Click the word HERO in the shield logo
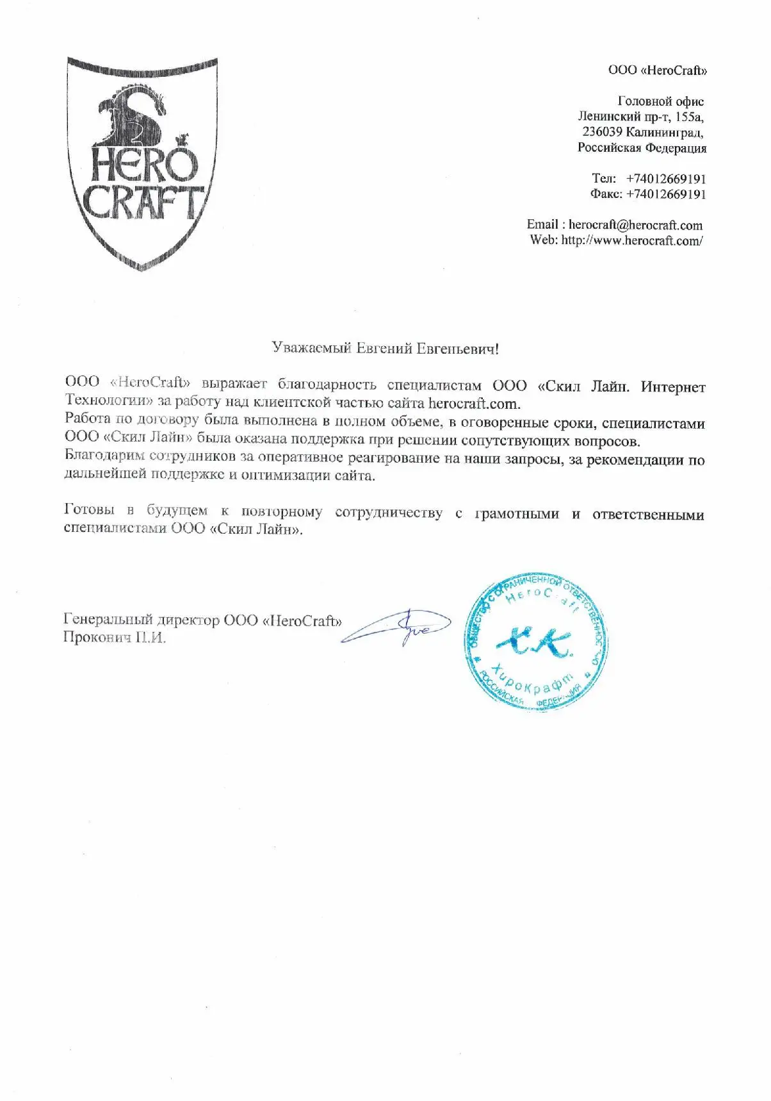pos(142,165)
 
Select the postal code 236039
pos(602,132)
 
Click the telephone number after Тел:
pos(666,178)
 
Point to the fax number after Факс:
pos(666,194)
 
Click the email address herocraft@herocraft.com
pos(635,225)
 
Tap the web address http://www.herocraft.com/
pos(632,240)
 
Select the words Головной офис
pos(660,101)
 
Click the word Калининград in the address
pos(664,132)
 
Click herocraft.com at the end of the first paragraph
pos(473,404)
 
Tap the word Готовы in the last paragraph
pos(89,509)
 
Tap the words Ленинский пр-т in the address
pos(621,117)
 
